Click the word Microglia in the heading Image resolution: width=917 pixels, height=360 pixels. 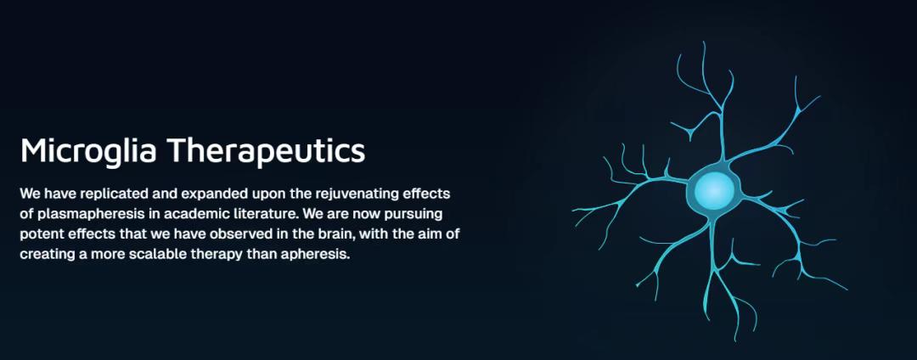pyautogui.click(x=88, y=152)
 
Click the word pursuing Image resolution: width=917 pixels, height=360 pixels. pyautogui.click(x=417, y=215)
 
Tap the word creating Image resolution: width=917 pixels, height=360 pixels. pyautogui.click(x=44, y=256)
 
